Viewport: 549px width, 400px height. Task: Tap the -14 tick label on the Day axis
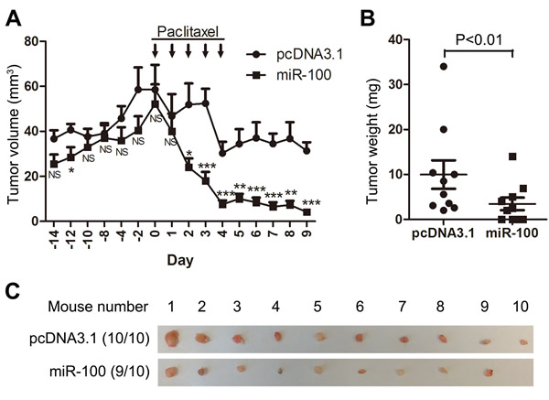(x=54, y=238)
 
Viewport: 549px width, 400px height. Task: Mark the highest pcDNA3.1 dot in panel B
(x=417, y=67)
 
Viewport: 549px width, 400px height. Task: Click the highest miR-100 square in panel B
(x=513, y=157)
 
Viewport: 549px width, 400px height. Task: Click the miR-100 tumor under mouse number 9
(x=488, y=372)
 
